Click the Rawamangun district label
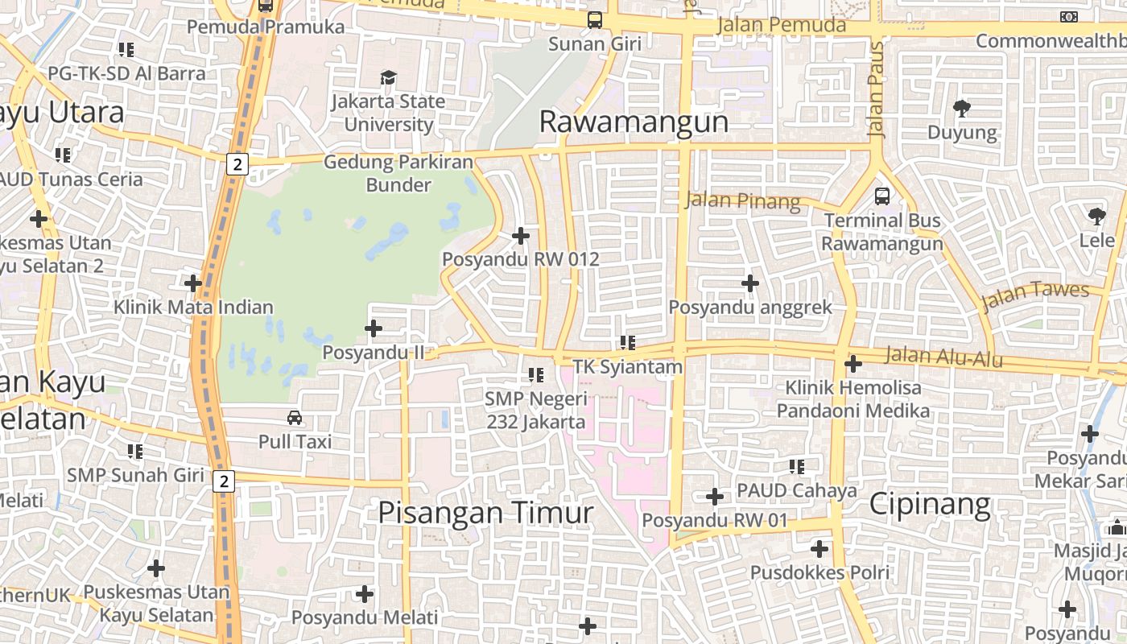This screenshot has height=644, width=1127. [634, 122]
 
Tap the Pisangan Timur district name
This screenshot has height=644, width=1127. [486, 513]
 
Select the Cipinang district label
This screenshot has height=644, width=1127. [930, 505]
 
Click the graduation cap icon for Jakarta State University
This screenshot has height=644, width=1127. [389, 78]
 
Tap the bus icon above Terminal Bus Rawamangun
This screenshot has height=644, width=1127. [882, 196]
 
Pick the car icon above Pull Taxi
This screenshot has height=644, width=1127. [295, 418]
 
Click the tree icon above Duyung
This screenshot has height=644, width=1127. [961, 108]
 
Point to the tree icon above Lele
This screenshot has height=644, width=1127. [1096, 216]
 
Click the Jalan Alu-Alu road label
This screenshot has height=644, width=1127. [943, 356]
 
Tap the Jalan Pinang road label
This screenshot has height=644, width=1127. [743, 200]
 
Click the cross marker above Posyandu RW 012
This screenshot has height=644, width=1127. [521, 236]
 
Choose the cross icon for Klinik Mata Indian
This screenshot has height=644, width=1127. [193, 283]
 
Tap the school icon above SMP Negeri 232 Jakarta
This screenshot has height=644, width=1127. [536, 374]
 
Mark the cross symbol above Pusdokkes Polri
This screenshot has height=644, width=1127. [819, 550]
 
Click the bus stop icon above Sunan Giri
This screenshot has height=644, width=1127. [595, 20]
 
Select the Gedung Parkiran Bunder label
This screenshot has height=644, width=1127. [398, 174]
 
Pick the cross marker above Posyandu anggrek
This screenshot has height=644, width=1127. [750, 283]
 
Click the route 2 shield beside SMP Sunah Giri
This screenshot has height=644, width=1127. [224, 481]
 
